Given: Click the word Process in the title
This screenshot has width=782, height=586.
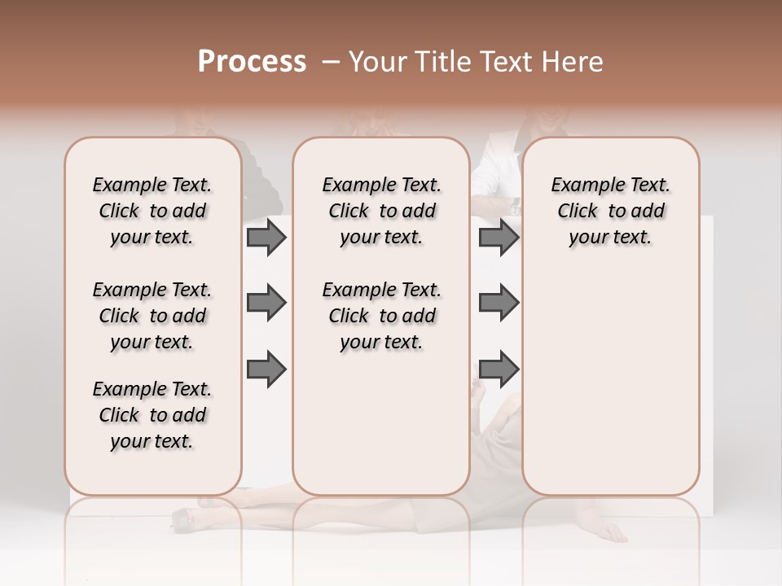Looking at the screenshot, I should (252, 62).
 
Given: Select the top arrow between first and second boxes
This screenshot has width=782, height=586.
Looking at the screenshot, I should (266, 238).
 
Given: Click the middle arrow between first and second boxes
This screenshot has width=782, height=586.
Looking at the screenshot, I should (266, 304).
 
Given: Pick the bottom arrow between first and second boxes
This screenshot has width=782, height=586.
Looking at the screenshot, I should (266, 370).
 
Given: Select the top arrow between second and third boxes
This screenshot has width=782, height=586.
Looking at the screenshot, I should (499, 238).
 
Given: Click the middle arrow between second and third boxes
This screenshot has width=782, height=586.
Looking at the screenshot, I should (499, 304).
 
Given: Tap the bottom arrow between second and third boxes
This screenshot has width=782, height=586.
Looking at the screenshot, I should (499, 370).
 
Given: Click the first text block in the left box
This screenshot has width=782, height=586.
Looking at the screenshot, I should (152, 211).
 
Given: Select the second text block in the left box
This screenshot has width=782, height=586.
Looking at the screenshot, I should (152, 316).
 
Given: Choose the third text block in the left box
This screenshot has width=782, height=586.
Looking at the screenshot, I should (152, 415).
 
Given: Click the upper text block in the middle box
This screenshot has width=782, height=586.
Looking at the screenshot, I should (381, 211).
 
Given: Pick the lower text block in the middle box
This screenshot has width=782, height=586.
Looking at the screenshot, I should (381, 316).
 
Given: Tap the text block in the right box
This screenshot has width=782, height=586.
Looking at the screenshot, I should (610, 211).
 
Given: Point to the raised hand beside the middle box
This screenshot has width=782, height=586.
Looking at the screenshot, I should (477, 389).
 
